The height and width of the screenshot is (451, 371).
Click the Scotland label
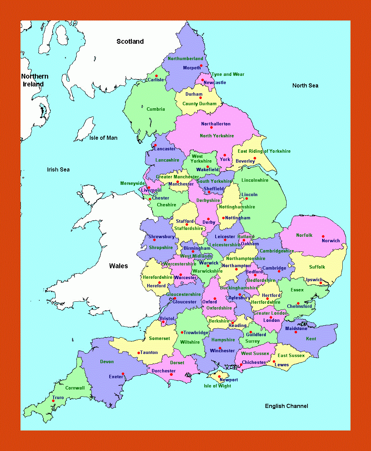click(130, 41)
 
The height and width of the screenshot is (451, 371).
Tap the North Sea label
click(305, 85)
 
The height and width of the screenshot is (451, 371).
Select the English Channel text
click(286, 406)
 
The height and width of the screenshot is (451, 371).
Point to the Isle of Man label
click(103, 138)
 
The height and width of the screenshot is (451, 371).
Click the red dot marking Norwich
click(323, 236)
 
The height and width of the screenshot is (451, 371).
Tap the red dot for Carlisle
click(156, 76)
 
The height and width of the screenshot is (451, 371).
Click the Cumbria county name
click(155, 109)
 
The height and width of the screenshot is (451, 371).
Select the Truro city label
click(58, 397)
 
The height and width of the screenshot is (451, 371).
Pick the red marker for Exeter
click(123, 374)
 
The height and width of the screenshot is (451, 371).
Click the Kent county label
click(311, 339)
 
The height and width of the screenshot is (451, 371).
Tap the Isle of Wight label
click(217, 386)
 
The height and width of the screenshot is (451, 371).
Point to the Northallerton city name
click(216, 124)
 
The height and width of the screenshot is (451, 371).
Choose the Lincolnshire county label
click(255, 180)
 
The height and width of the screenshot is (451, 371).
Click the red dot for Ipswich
click(320, 283)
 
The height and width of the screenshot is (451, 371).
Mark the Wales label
click(118, 266)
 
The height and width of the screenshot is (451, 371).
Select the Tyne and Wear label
click(228, 74)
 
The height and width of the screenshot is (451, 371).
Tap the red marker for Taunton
click(138, 353)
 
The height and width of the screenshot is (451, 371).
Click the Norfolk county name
click(304, 235)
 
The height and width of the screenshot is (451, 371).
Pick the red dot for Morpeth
click(201, 66)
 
